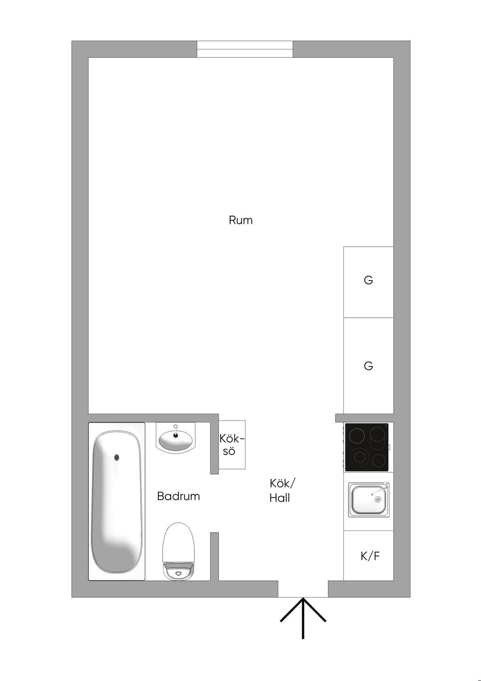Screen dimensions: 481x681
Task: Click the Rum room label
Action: click(240, 220)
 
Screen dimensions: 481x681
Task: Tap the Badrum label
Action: click(178, 496)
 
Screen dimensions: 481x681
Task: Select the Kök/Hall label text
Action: click(282, 490)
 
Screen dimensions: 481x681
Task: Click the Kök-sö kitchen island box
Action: click(232, 445)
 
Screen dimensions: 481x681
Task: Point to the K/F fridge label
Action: click(370, 556)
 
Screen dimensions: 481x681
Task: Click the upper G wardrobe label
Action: click(368, 280)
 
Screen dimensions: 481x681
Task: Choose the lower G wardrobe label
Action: click(368, 366)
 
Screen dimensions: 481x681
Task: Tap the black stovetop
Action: click(367, 447)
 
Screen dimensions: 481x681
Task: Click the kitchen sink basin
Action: click(368, 500)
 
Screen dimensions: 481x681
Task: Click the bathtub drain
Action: click(116, 457)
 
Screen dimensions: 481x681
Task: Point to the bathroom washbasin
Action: click(176, 441)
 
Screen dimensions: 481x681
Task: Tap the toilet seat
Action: click(178, 542)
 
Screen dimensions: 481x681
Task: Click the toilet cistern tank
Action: click(178, 571)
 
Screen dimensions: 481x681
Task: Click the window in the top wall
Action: click(245, 49)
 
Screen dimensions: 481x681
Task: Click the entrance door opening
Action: click(303, 589)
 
